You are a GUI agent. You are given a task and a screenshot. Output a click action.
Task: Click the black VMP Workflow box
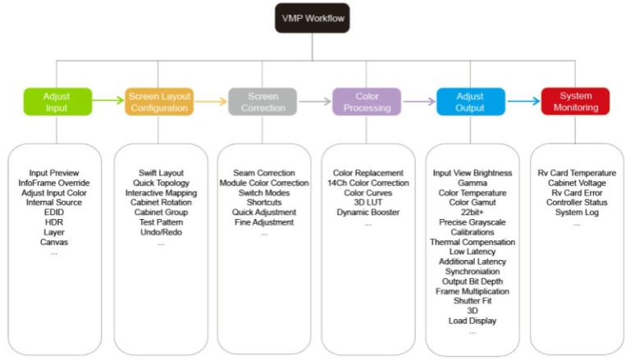coord(312,18)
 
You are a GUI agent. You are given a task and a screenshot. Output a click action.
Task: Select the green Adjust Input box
coord(56,102)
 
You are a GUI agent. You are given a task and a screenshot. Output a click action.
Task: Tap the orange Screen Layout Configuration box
coord(161,102)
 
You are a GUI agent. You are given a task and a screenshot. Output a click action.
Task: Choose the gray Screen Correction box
coord(262,102)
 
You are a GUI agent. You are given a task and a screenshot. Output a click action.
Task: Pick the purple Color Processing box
coord(367,102)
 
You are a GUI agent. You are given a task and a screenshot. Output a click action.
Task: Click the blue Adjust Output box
coord(470,102)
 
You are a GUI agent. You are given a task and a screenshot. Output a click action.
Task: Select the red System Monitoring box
coord(575,102)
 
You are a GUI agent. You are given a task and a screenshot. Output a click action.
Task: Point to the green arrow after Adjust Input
coord(107,102)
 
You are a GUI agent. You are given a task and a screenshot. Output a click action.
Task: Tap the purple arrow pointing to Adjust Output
coord(418,102)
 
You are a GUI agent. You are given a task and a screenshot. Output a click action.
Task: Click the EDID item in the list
coord(54,212)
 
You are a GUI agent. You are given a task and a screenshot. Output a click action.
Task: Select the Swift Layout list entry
coord(161,174)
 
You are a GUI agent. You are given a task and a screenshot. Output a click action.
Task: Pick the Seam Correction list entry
coord(264,174)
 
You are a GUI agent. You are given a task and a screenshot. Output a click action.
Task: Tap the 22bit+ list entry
coord(472,212)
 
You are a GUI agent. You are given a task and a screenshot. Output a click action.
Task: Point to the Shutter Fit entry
coord(472,301)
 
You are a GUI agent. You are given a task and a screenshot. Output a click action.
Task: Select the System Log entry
coord(576,212)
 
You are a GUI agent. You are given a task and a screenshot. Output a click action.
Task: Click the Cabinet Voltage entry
coord(576,184)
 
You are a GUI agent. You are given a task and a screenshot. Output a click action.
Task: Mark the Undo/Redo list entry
coord(161,232)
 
